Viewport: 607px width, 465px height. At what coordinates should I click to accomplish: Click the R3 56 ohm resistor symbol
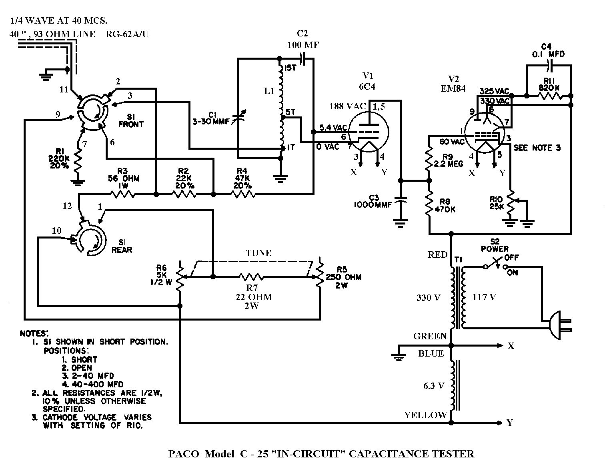[x=122, y=194]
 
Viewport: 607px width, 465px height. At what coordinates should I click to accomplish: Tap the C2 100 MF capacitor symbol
[x=305, y=58]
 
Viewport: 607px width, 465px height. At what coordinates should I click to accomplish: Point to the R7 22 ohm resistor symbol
[x=251, y=277]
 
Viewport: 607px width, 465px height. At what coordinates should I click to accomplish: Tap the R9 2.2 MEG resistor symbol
[x=429, y=158]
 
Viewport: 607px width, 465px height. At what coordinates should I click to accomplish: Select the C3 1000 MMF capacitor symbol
[x=400, y=200]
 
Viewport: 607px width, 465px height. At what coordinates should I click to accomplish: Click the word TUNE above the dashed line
[x=258, y=253]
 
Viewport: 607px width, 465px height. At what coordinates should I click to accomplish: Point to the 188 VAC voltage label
[x=348, y=106]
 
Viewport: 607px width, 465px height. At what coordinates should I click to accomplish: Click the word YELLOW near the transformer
[x=425, y=415]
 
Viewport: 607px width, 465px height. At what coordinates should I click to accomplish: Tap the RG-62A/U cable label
[x=127, y=34]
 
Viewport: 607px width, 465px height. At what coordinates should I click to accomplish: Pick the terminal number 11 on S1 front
[x=64, y=89]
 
